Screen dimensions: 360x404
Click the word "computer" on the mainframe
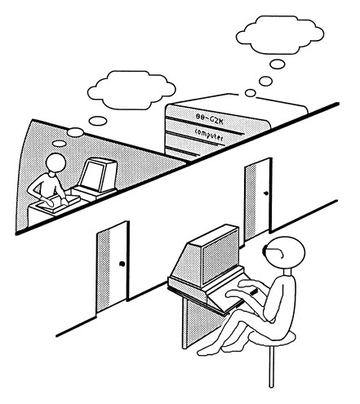tap(209, 135)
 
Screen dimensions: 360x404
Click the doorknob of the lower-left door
tap(122, 264)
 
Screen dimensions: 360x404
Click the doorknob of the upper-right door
tap(266, 193)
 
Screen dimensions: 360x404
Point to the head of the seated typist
tap(285, 252)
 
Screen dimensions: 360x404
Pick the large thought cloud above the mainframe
tap(280, 34)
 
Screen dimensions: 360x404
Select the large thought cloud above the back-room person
tap(131, 90)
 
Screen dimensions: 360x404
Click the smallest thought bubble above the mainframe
tap(250, 93)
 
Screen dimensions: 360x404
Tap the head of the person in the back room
tap(56, 162)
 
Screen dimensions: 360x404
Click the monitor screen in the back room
tap(92, 174)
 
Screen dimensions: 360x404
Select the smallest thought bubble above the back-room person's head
tap(60, 144)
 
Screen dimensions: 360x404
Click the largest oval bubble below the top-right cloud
tap(278, 64)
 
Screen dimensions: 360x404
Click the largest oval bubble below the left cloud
tap(98, 121)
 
